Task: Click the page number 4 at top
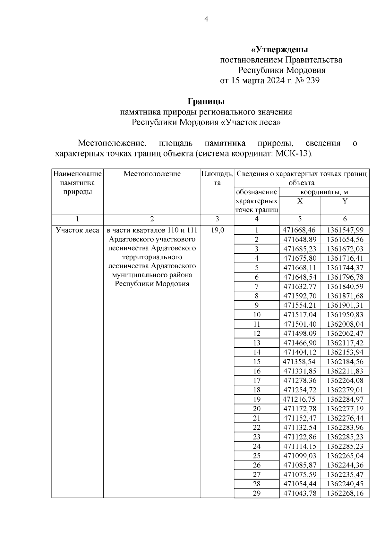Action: pyautogui.click(x=206, y=20)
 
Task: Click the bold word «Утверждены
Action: pyautogui.click(x=279, y=50)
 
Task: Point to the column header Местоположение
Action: pyautogui.click(x=152, y=174)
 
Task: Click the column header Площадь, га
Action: pyautogui.click(x=217, y=178)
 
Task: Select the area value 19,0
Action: pyautogui.click(x=218, y=230)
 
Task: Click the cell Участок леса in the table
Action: pyautogui.click(x=77, y=230)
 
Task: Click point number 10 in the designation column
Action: pyautogui.click(x=257, y=314)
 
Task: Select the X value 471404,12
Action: pyautogui.click(x=300, y=352)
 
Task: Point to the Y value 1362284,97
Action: pyautogui.click(x=345, y=399)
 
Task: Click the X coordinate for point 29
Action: pyautogui.click(x=300, y=493)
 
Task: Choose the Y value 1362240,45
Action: pyautogui.click(x=345, y=484)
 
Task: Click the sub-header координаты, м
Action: pyautogui.click(x=324, y=192)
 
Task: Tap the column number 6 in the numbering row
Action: pyautogui.click(x=345, y=219)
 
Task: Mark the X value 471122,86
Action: pyautogui.click(x=300, y=437)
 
